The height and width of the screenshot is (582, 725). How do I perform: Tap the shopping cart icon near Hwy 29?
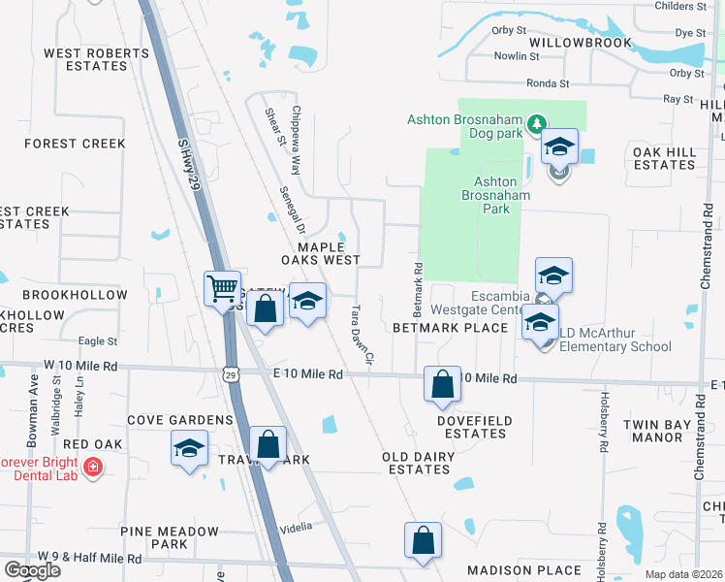click(223, 288)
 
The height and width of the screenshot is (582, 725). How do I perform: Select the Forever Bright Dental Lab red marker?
click(93, 468)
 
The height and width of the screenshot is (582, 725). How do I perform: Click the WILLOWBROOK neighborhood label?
click(581, 43)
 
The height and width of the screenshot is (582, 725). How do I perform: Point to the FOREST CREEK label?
click(76, 144)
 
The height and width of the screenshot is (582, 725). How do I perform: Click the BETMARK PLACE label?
click(451, 328)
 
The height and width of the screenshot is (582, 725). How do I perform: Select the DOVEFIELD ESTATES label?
click(471, 427)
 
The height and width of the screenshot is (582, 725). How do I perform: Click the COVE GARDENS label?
click(181, 420)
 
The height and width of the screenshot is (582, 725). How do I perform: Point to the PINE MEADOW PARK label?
click(170, 538)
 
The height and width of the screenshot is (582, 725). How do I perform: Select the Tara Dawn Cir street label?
click(362, 335)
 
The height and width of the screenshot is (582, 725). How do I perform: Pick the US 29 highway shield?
click(230, 373)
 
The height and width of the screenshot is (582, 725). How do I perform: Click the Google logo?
click(32, 570)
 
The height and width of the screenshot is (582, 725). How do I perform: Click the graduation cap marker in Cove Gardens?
click(189, 449)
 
